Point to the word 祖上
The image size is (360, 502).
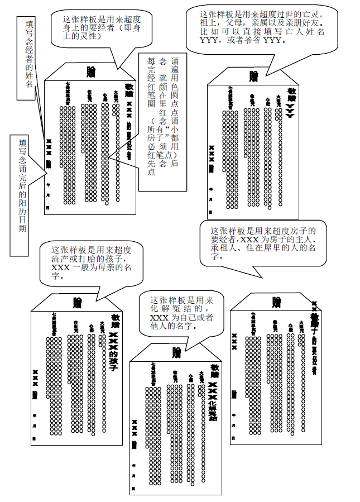[207, 23]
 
